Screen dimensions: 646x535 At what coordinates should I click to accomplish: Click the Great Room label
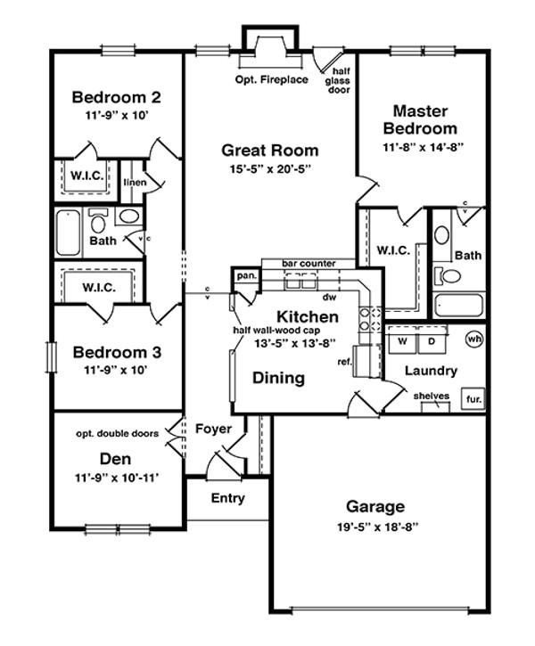269,151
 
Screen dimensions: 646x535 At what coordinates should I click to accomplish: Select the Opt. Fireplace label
272,80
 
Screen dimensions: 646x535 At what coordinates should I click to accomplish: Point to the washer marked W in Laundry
402,341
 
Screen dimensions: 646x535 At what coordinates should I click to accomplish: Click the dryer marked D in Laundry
431,341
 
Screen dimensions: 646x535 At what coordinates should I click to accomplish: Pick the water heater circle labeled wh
473,339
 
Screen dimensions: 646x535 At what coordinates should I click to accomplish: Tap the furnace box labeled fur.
472,399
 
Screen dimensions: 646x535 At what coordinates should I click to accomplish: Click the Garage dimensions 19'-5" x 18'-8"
375,527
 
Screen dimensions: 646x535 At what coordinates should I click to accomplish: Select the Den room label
116,460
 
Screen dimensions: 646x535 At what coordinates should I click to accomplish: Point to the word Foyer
213,429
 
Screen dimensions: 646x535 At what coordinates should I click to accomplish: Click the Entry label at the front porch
227,499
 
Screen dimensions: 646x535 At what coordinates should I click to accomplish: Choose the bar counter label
309,264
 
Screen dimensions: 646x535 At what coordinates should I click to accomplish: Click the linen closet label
135,183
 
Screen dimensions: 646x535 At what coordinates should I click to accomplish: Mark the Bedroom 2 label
117,97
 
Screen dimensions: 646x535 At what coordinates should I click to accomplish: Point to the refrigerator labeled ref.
343,363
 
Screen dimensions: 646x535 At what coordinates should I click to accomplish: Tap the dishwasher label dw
329,298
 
